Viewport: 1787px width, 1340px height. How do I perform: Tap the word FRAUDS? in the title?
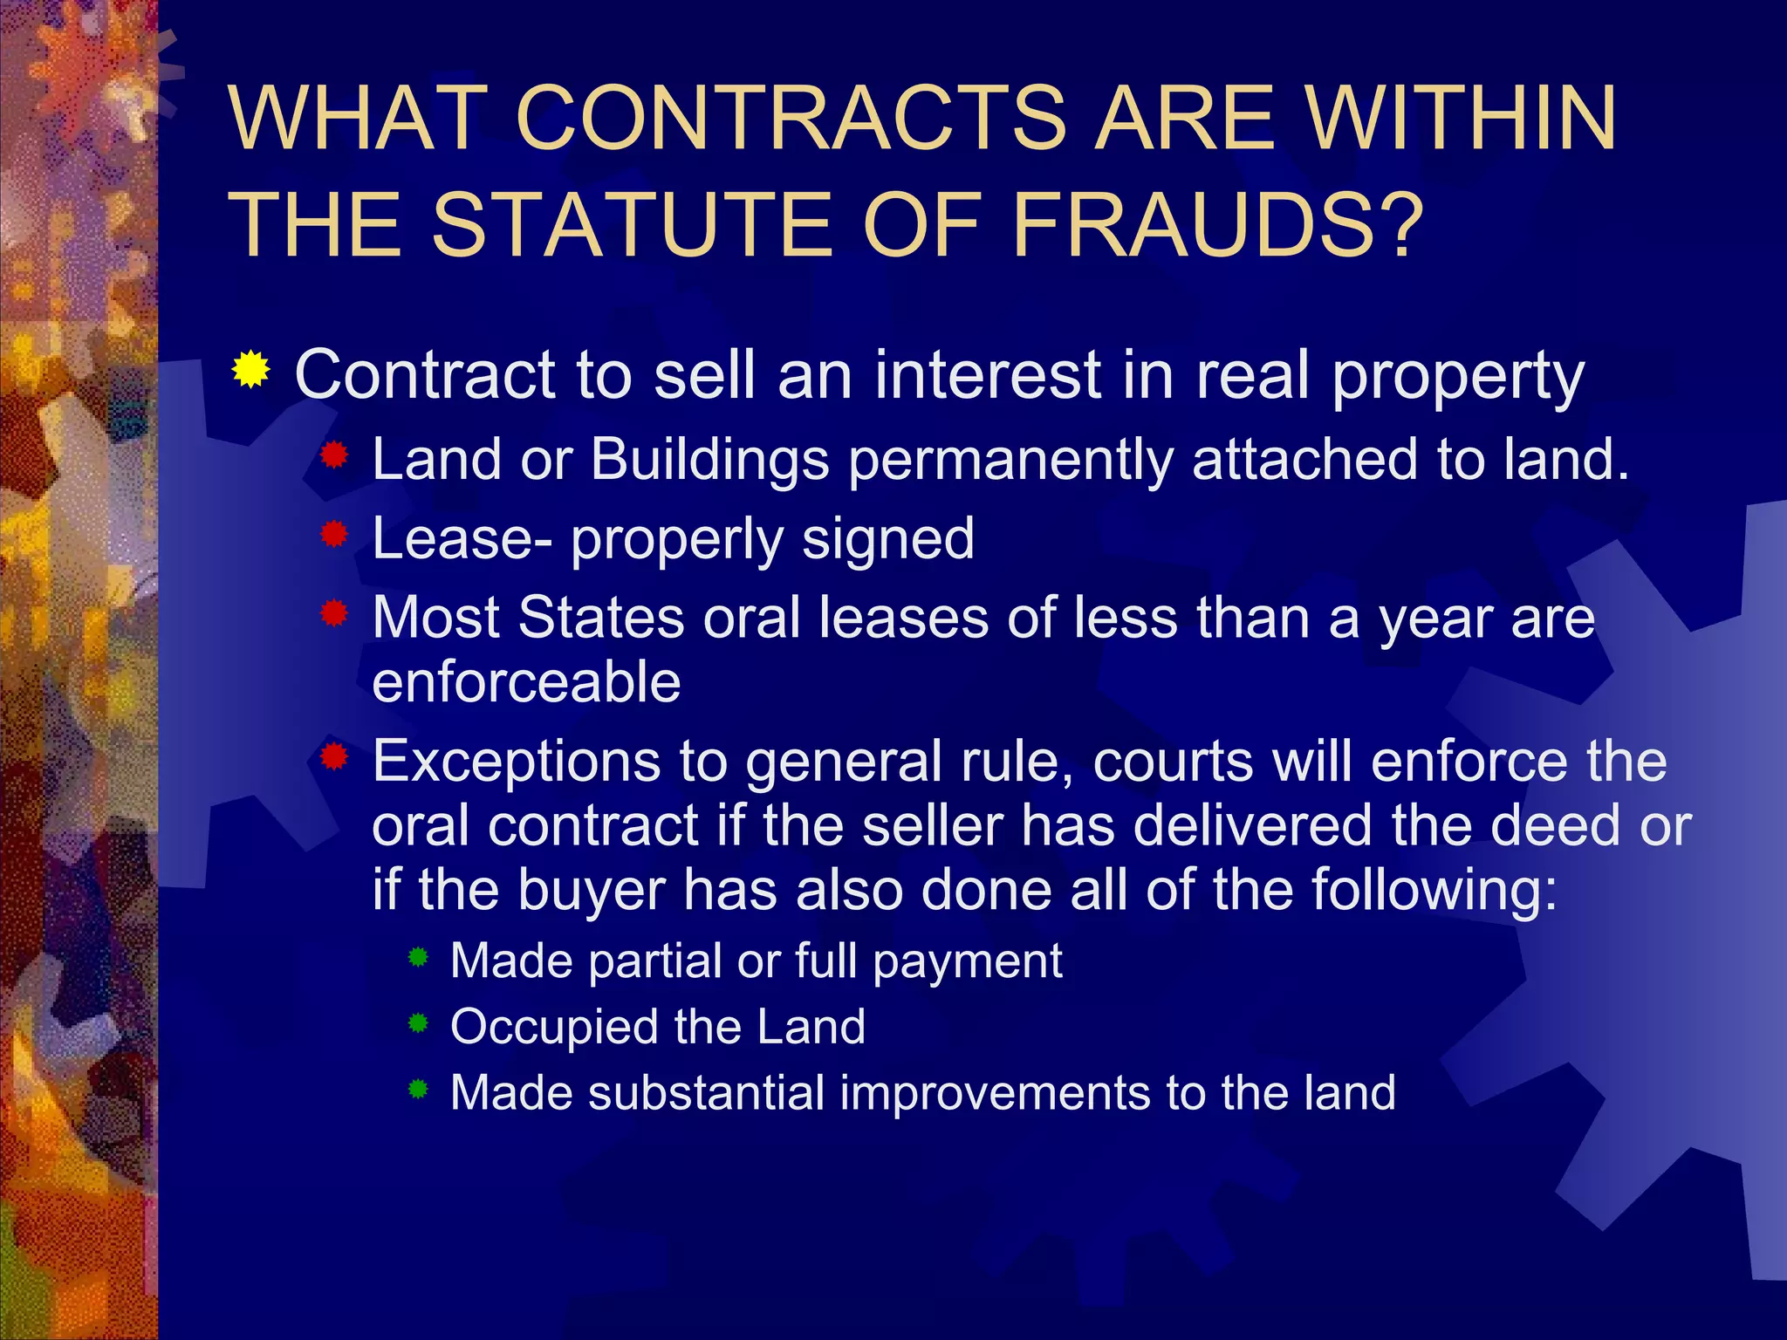1217,224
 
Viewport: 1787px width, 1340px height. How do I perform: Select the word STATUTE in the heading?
631,224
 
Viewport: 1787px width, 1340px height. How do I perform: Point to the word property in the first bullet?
1458,377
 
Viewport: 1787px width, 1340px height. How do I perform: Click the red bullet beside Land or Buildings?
334,455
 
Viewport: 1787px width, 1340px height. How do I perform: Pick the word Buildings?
709,460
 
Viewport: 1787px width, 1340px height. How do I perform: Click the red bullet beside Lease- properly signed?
334,533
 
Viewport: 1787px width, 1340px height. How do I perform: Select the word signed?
887,539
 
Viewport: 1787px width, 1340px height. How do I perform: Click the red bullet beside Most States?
334,612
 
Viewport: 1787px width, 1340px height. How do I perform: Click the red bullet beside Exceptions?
334,755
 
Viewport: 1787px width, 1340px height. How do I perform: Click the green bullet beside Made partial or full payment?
419,957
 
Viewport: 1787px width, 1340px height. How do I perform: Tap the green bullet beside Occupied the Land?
419,1022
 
